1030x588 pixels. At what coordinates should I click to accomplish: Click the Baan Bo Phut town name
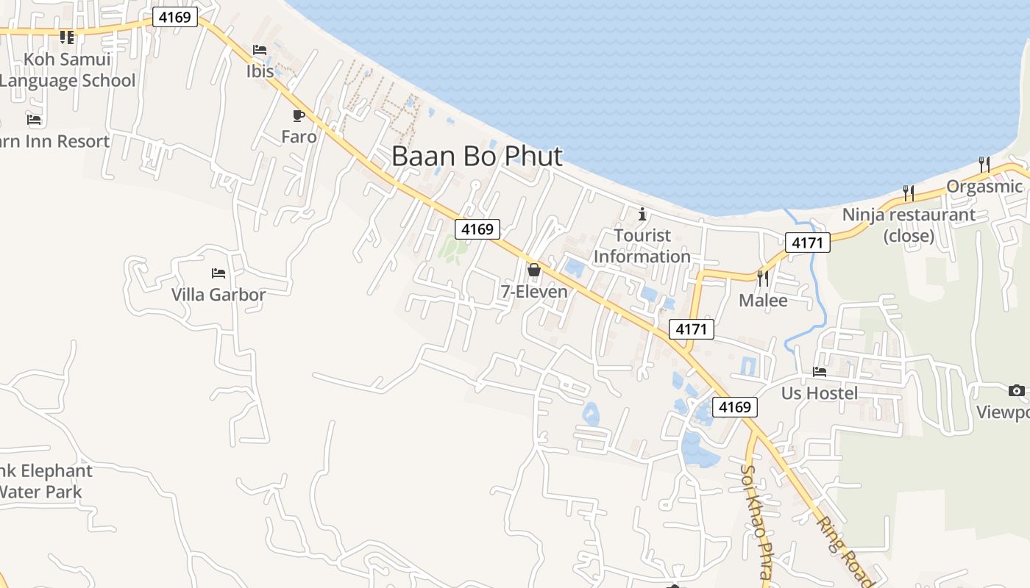point(477,156)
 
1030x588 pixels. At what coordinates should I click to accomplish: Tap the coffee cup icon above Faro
point(298,116)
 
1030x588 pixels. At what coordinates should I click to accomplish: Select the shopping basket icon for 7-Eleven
point(534,270)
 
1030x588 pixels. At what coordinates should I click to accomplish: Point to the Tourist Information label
point(642,246)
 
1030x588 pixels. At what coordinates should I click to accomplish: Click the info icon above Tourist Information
point(642,215)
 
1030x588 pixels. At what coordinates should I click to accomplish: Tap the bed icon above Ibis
point(260,50)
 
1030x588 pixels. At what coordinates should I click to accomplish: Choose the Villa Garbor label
point(219,295)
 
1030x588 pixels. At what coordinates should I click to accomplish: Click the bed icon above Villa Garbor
point(219,273)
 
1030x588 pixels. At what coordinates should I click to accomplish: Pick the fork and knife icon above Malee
point(763,278)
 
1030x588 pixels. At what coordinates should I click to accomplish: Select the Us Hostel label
point(820,393)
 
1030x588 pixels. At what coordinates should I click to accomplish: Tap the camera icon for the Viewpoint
point(1017,390)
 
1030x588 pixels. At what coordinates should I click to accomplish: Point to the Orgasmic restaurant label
point(984,186)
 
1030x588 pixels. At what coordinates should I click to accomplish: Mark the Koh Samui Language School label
point(68,70)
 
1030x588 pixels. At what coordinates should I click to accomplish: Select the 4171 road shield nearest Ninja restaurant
point(807,243)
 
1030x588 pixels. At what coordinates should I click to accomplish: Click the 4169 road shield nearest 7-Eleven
point(477,229)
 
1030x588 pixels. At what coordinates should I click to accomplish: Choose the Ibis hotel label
point(260,71)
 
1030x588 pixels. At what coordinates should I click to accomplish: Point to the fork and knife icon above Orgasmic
point(984,163)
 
